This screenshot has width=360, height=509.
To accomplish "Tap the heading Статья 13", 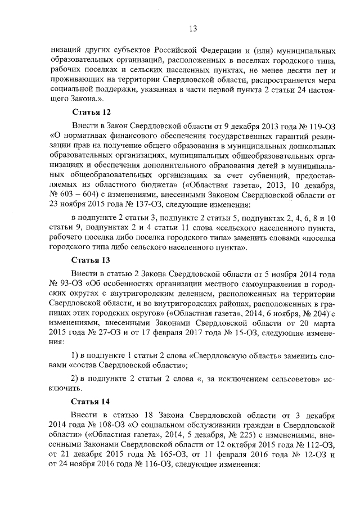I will click(91, 260).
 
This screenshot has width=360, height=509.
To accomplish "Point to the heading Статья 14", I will click(91, 402).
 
